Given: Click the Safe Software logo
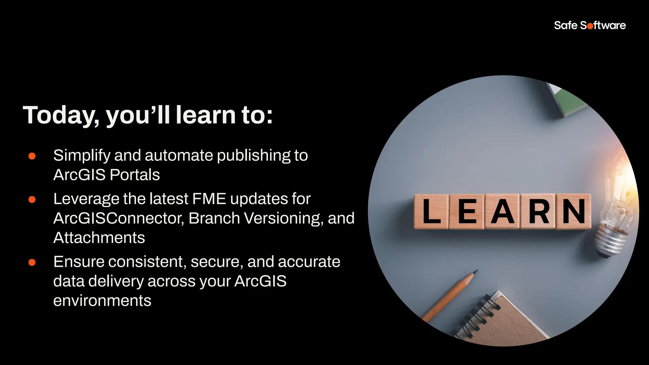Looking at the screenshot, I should [589, 25].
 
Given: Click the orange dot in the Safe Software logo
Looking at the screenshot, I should [590, 26].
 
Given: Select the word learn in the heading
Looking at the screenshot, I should [206, 115].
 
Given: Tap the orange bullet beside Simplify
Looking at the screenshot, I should [32, 156].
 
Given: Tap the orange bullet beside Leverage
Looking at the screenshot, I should [32, 199].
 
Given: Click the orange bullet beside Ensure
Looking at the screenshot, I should [32, 262].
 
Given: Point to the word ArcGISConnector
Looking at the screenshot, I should [119, 218].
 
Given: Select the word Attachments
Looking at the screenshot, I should [99, 238].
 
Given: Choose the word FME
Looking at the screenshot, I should [209, 199].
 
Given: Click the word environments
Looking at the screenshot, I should [102, 300].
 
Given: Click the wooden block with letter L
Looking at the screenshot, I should [431, 211].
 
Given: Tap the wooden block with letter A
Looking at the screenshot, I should [502, 211].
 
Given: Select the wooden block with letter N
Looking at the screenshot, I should [573, 211].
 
